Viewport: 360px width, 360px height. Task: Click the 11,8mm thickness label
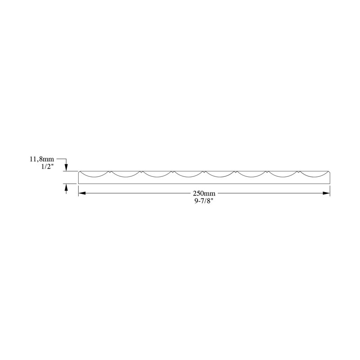coord(42,159)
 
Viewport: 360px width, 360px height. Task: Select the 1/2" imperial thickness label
coord(48,166)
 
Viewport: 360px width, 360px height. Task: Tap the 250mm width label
coord(204,193)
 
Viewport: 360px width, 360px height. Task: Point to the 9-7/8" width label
coord(204,201)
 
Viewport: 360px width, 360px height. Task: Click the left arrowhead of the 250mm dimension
coord(82,193)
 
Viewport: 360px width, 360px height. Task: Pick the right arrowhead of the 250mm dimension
coord(326,193)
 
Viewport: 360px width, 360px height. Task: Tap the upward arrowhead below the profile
coord(66,187)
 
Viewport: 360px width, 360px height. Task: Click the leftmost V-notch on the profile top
coord(109,172)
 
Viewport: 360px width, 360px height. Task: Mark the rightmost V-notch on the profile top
coord(299,172)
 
